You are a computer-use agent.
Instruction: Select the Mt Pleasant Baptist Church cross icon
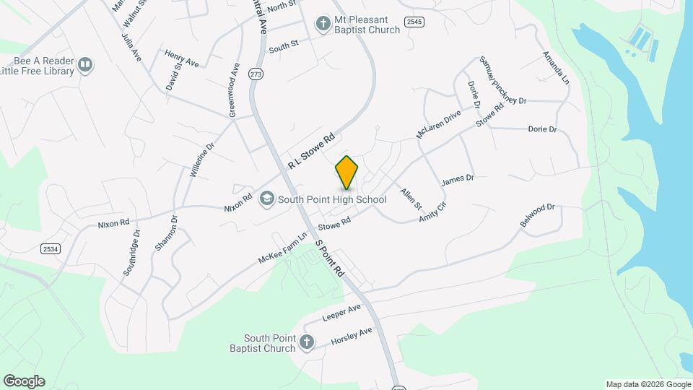pyautogui.click(x=323, y=25)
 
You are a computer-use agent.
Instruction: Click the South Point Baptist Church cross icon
pyautogui.click(x=307, y=342)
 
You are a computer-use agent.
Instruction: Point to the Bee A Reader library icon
pyautogui.click(x=85, y=66)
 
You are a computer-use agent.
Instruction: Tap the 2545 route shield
pyautogui.click(x=414, y=22)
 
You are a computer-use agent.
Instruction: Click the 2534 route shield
pyautogui.click(x=51, y=248)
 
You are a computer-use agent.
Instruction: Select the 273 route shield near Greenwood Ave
pyautogui.click(x=255, y=74)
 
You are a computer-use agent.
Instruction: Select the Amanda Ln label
pyautogui.click(x=556, y=66)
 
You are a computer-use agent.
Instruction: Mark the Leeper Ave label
pyautogui.click(x=341, y=313)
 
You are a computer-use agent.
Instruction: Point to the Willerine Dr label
pyautogui.click(x=203, y=160)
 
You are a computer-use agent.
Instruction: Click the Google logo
pyautogui.click(x=24, y=381)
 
